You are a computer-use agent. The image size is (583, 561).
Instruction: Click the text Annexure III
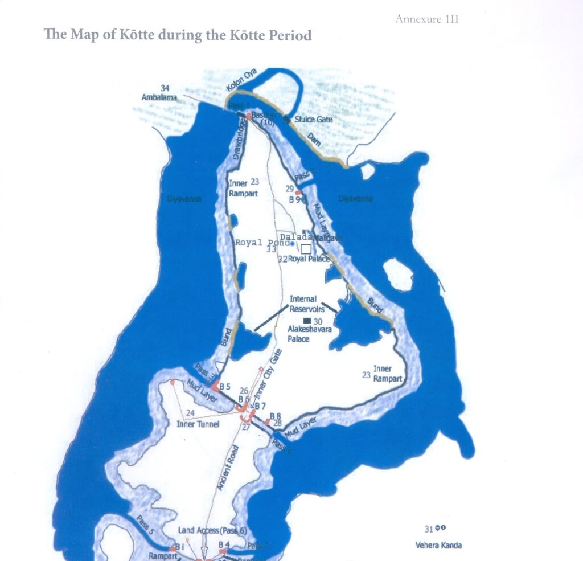coord(427,19)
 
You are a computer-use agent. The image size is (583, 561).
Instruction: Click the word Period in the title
coord(286,35)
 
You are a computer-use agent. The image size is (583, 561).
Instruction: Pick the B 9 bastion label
coord(294,199)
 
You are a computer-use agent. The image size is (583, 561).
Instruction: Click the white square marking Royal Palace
coord(306,249)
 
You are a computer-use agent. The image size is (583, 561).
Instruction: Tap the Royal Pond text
coord(262,243)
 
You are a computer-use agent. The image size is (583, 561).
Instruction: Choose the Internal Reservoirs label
coord(306,304)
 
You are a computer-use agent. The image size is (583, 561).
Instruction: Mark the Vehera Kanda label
coord(438,545)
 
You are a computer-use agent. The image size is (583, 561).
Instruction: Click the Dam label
coord(314,139)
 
